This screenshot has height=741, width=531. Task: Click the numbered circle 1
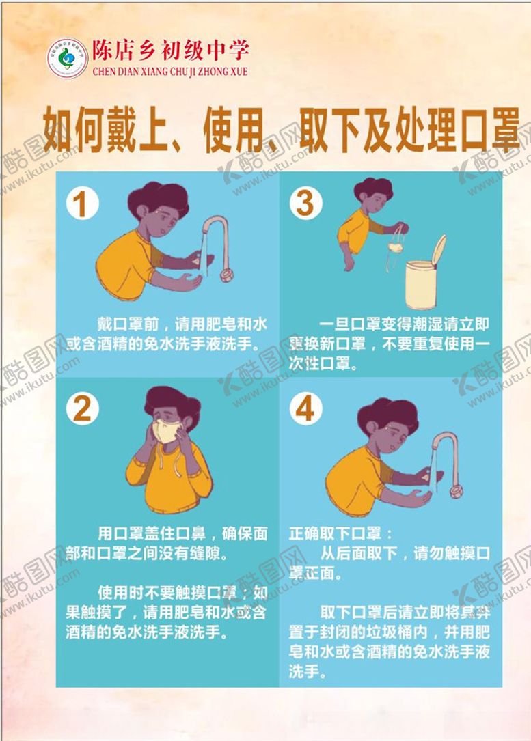point(82,204)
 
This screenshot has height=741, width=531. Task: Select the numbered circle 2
point(82,408)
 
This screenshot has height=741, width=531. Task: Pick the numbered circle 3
point(305,204)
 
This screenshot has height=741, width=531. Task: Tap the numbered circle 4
point(305,408)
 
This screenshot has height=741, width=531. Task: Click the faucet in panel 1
point(218,246)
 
